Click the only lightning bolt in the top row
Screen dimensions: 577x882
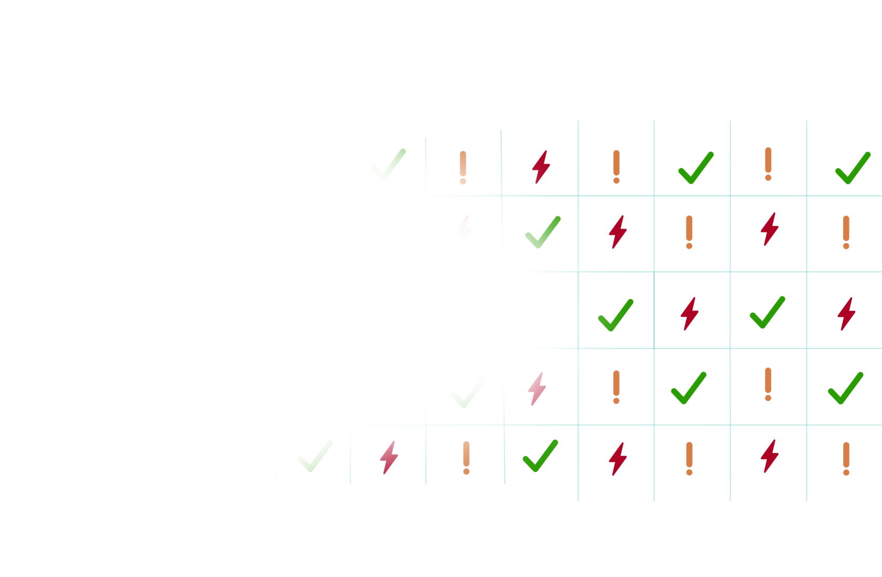point(541,167)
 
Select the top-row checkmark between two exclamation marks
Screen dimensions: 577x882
point(696,168)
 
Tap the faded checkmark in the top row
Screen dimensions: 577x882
point(388,164)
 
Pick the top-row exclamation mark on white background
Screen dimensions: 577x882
point(463,167)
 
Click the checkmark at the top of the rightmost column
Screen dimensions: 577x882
point(853,168)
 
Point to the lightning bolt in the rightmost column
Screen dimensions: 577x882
point(846,314)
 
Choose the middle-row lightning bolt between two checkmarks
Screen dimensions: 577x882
point(689,314)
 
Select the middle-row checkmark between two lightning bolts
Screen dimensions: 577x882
point(768,313)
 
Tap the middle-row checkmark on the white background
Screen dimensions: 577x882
point(616,315)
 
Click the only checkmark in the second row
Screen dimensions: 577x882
point(543,232)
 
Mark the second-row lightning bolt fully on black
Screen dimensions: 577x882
point(770,229)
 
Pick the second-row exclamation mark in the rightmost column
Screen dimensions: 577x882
point(846,232)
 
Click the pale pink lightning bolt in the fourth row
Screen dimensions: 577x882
point(537,389)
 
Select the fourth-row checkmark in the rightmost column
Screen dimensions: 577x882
point(845,388)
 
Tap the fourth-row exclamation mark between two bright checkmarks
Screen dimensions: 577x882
point(768,384)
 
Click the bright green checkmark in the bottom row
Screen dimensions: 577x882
point(540,456)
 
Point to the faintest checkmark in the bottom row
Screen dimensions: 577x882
point(315,456)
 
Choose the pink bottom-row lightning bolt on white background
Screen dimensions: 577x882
point(389,457)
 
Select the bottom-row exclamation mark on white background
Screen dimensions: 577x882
point(466,458)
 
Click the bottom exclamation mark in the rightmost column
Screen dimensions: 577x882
point(846,458)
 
